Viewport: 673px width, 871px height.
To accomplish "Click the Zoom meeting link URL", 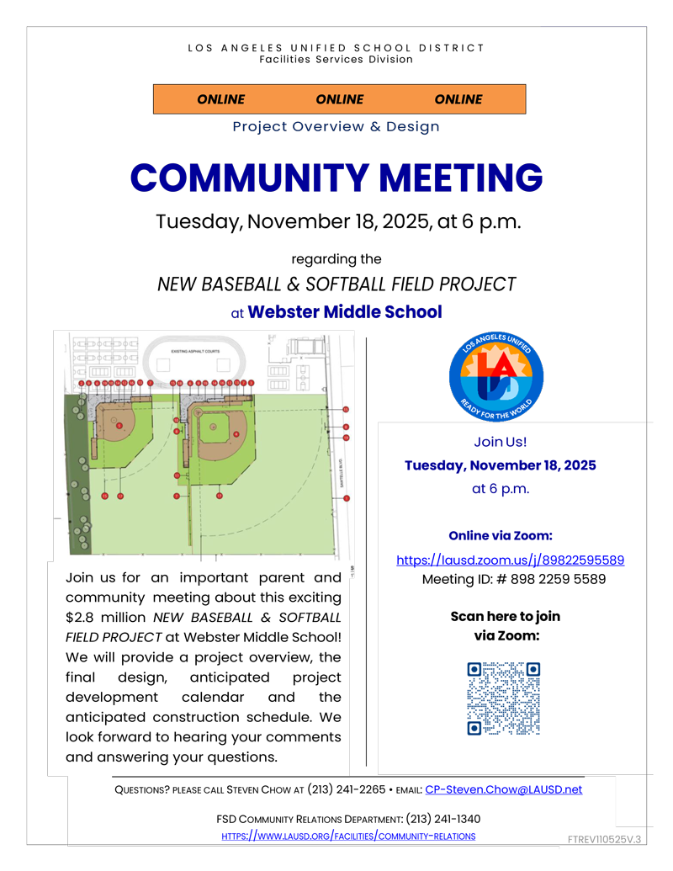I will click(x=510, y=560).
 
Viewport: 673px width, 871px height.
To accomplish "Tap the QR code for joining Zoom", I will click(x=503, y=698).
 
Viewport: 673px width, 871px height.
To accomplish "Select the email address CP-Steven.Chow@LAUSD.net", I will click(x=503, y=789).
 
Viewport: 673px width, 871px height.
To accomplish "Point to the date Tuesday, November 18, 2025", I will click(x=500, y=465).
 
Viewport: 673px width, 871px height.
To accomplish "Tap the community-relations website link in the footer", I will click(x=348, y=836).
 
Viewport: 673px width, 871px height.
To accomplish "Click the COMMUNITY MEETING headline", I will click(x=336, y=178).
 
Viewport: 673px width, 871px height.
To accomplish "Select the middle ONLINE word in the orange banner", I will click(x=339, y=99).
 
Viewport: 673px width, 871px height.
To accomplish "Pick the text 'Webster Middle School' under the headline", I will click(x=345, y=312).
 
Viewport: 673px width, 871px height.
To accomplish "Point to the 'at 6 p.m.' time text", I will click(x=501, y=488).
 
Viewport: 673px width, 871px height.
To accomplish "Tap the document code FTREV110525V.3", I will click(x=604, y=840).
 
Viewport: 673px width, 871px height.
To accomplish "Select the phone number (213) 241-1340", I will click(x=443, y=819).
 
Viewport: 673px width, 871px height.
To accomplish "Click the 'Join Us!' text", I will click(x=500, y=442).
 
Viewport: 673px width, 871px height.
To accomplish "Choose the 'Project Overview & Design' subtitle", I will click(x=336, y=127).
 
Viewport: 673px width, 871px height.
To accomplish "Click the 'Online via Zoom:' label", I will click(x=500, y=536).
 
